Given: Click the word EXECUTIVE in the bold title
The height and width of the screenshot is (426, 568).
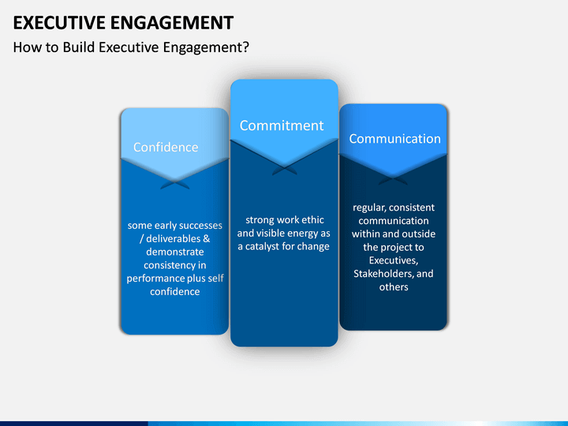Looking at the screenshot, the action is coord(59,23).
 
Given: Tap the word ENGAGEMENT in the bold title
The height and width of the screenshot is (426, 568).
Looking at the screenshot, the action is coord(172,23).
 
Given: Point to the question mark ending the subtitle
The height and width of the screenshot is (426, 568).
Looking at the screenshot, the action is coord(245,47).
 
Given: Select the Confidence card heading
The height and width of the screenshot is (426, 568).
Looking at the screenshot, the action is coord(166,147).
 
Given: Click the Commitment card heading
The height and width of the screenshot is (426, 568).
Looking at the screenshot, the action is coord(282,125).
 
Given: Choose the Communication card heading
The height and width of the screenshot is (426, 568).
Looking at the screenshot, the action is coord(395,139).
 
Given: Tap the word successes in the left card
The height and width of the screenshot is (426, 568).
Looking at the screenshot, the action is coord(200,226).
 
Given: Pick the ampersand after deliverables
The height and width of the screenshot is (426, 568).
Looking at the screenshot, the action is coord(206,239).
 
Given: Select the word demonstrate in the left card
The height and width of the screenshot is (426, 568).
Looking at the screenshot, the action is coord(175,252).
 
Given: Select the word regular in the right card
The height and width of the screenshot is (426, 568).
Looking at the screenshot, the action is coord(364,208).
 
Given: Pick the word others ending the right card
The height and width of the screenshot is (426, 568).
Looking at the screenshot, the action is coord(394,287).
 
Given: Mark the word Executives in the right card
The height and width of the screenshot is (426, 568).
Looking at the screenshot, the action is coord(394,260).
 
